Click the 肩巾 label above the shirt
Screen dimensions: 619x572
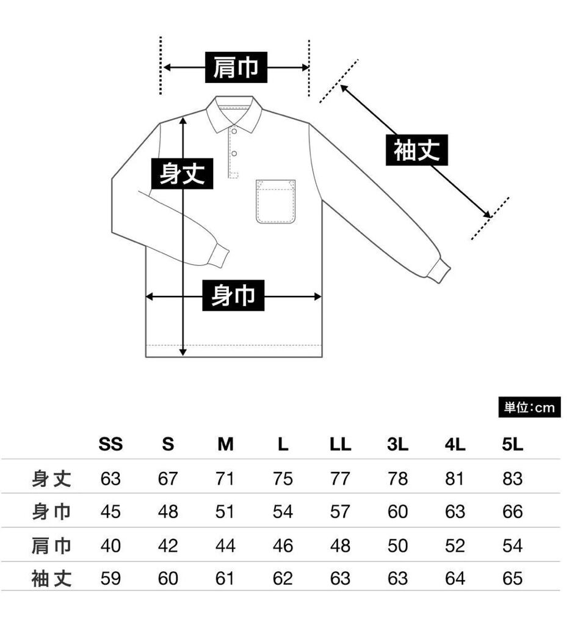(236, 68)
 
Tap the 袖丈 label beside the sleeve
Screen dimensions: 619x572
(417, 150)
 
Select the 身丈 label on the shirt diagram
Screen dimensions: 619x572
(182, 174)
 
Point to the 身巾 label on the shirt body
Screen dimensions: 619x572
(233, 297)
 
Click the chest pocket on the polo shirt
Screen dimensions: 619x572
(275, 201)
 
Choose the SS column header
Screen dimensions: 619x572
(110, 445)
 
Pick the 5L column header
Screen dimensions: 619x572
(513, 445)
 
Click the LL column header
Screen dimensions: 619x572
(340, 445)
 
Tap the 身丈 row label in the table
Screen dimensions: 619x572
(52, 478)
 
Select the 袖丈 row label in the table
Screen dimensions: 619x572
(52, 578)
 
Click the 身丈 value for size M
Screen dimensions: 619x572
(225, 478)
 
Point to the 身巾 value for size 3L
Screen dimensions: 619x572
(397, 511)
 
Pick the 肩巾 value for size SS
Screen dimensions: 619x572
(110, 545)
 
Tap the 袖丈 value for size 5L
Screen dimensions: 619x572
(513, 578)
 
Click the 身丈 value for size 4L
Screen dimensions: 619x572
(455, 478)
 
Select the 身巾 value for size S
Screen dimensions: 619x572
(168, 511)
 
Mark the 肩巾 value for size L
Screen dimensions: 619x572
(283, 545)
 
